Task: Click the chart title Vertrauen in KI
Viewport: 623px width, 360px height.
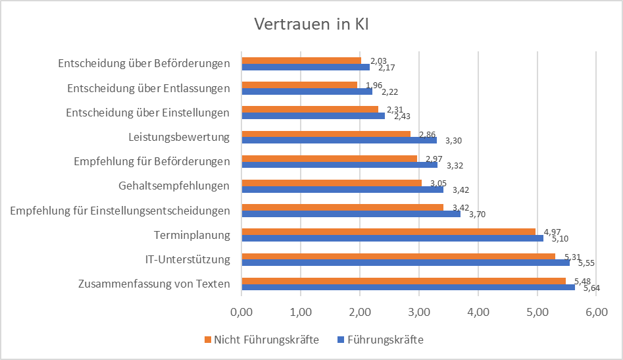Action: tap(311, 25)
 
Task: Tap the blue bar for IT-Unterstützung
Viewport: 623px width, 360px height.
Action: tap(405, 262)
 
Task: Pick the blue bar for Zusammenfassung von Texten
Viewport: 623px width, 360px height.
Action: tap(408, 287)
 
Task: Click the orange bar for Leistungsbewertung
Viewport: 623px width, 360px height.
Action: tap(326, 134)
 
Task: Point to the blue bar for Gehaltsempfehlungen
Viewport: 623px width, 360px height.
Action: tap(342, 190)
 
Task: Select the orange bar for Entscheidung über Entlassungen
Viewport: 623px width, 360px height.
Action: tap(299, 84)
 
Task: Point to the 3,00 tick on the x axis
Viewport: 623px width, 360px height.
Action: tap(418, 310)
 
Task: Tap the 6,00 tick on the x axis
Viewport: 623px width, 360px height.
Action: tap(595, 310)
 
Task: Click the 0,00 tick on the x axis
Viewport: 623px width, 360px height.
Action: tap(241, 310)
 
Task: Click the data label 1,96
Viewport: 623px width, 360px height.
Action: tap(374, 85)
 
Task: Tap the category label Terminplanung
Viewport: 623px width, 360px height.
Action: tap(191, 235)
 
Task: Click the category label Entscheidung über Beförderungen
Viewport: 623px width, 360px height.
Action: tap(143, 64)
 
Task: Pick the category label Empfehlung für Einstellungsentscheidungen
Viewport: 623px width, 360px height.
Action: tap(120, 211)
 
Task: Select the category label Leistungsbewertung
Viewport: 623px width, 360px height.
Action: tap(179, 137)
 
